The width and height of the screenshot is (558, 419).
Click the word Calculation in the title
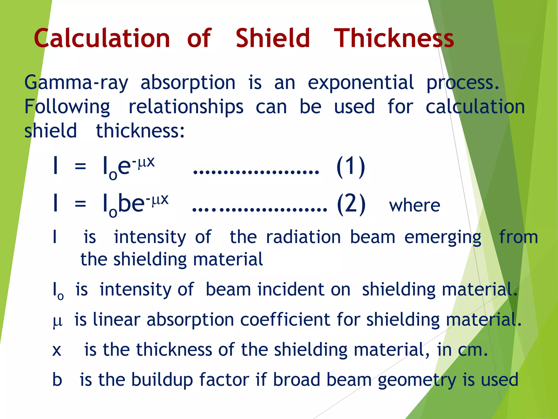click(102, 38)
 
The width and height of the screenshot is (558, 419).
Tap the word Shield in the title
click(273, 38)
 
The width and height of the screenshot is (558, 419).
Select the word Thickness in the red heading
click(394, 38)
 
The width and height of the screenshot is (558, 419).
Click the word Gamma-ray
click(76, 83)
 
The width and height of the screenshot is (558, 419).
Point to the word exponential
click(360, 83)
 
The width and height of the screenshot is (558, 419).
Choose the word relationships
click(186, 107)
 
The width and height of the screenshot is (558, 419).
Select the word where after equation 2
click(414, 206)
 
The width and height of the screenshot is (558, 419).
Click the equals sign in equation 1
click(80, 166)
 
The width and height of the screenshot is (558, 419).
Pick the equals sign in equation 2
click(80, 204)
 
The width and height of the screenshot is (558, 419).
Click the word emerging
click(443, 237)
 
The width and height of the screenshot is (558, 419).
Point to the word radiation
click(303, 237)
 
